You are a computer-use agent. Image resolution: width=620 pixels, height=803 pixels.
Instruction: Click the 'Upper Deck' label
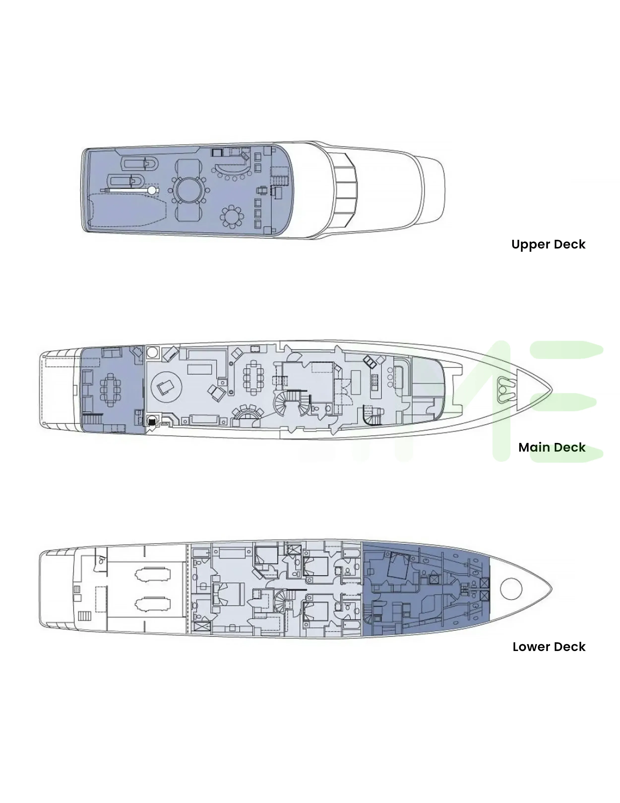548,245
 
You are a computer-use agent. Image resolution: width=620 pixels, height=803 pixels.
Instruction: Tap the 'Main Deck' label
552,447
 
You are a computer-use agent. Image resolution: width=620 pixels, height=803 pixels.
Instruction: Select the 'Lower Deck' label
549,647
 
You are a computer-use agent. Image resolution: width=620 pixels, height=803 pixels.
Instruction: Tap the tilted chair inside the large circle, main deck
164,387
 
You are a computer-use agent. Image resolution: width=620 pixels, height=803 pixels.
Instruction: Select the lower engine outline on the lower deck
153,604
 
